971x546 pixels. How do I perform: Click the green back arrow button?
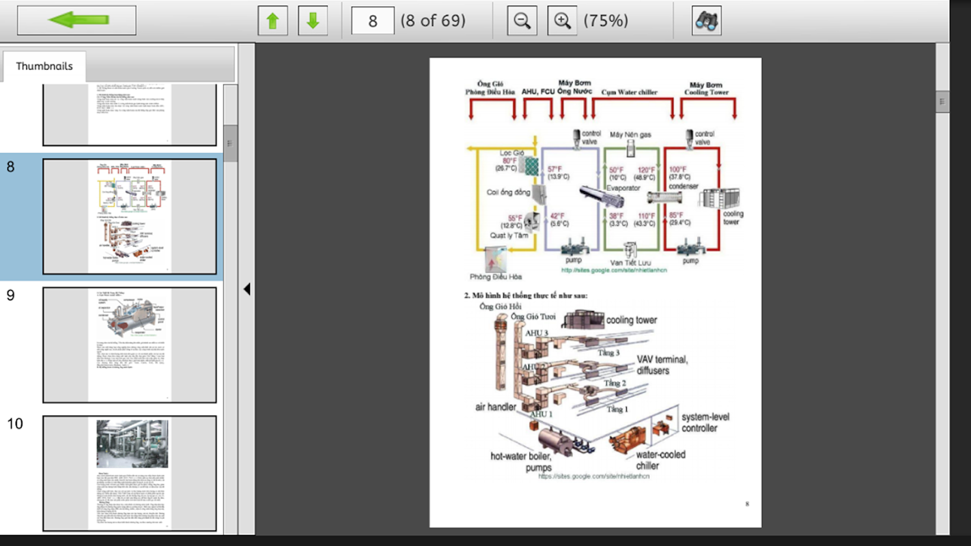coord(76,20)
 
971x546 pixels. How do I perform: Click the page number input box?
coord(372,20)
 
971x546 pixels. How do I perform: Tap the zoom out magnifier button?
coord(522,20)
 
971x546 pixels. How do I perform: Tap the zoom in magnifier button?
coord(562,20)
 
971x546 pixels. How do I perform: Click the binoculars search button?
coord(706,20)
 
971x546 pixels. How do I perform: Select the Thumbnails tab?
coord(44,66)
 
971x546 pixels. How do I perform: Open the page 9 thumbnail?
coord(129,345)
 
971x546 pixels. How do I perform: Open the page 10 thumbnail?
coord(129,473)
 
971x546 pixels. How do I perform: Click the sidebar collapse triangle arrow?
coord(247,289)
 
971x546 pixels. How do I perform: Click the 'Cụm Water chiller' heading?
coord(629,91)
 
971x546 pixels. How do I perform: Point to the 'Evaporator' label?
coord(623,188)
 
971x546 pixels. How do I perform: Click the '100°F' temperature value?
coord(677,169)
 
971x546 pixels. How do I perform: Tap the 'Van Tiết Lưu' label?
coord(630,263)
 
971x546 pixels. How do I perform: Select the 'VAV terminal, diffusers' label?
coord(662,364)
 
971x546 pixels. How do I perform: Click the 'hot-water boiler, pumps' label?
coord(520,462)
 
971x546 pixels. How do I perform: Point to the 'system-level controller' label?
coord(705,422)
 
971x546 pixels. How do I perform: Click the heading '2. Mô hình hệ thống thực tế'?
coord(526,296)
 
